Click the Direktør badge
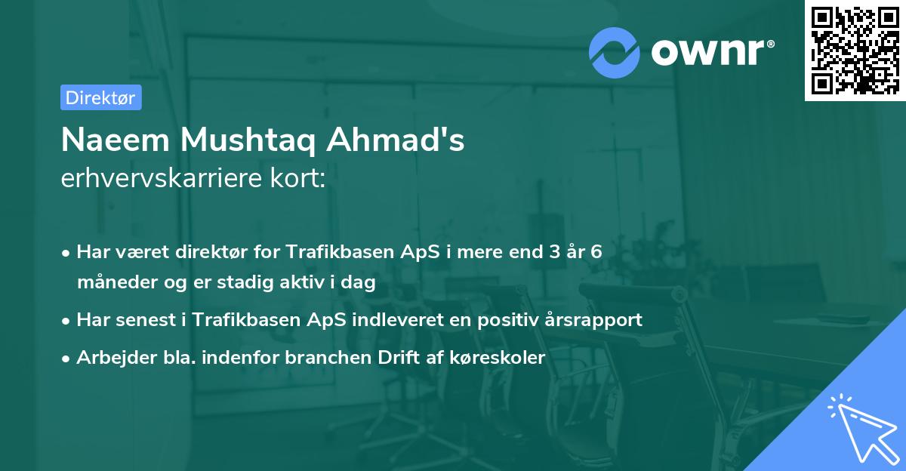[100, 97]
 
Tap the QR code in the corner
[855, 51]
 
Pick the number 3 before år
[558, 252]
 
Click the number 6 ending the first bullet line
[596, 252]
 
